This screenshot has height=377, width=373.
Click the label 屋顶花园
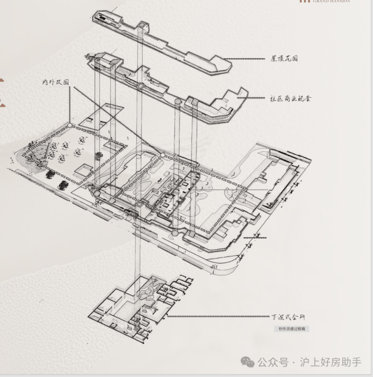click(x=284, y=58)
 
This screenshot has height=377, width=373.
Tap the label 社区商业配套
click(x=291, y=98)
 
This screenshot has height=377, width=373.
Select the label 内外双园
click(x=55, y=82)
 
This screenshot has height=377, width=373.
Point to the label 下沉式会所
click(x=288, y=317)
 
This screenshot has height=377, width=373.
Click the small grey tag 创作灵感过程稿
click(x=291, y=329)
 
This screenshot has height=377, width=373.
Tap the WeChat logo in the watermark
click(x=247, y=362)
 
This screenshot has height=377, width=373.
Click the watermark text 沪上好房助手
click(x=331, y=362)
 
